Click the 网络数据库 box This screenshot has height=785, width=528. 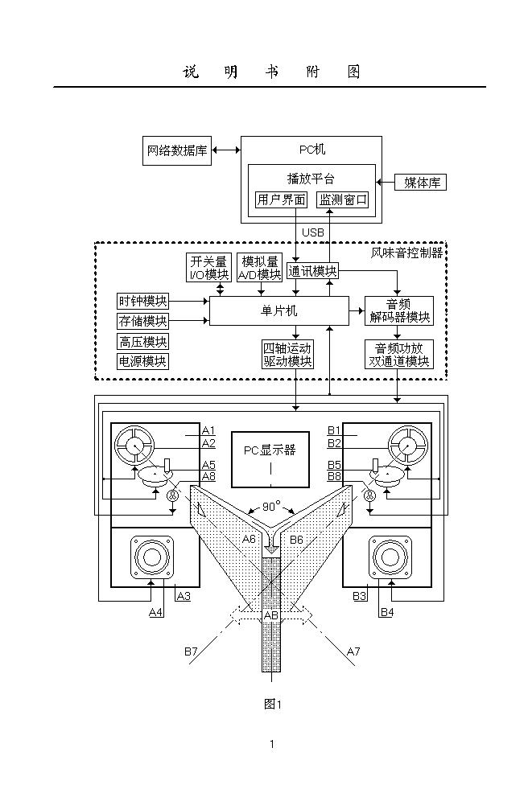[x=177, y=150]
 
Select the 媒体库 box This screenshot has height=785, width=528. [x=421, y=183]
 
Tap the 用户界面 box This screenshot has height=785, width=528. [x=281, y=199]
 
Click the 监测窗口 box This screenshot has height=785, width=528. [x=343, y=199]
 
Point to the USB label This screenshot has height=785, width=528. [x=312, y=232]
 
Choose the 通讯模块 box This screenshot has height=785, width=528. [x=312, y=271]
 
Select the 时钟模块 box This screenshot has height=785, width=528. [x=143, y=302]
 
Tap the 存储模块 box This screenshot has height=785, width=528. [x=143, y=322]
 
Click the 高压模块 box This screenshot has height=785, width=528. [x=143, y=342]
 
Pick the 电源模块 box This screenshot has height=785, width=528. [x=143, y=361]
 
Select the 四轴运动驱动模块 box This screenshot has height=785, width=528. [x=287, y=355]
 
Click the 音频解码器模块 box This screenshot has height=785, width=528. [x=398, y=310]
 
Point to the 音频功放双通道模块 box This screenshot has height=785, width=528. [x=398, y=355]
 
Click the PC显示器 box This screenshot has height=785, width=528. [x=270, y=458]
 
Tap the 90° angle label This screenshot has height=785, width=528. [x=271, y=507]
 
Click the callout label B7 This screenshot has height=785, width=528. [x=191, y=651]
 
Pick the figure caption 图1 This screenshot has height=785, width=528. [x=272, y=704]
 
